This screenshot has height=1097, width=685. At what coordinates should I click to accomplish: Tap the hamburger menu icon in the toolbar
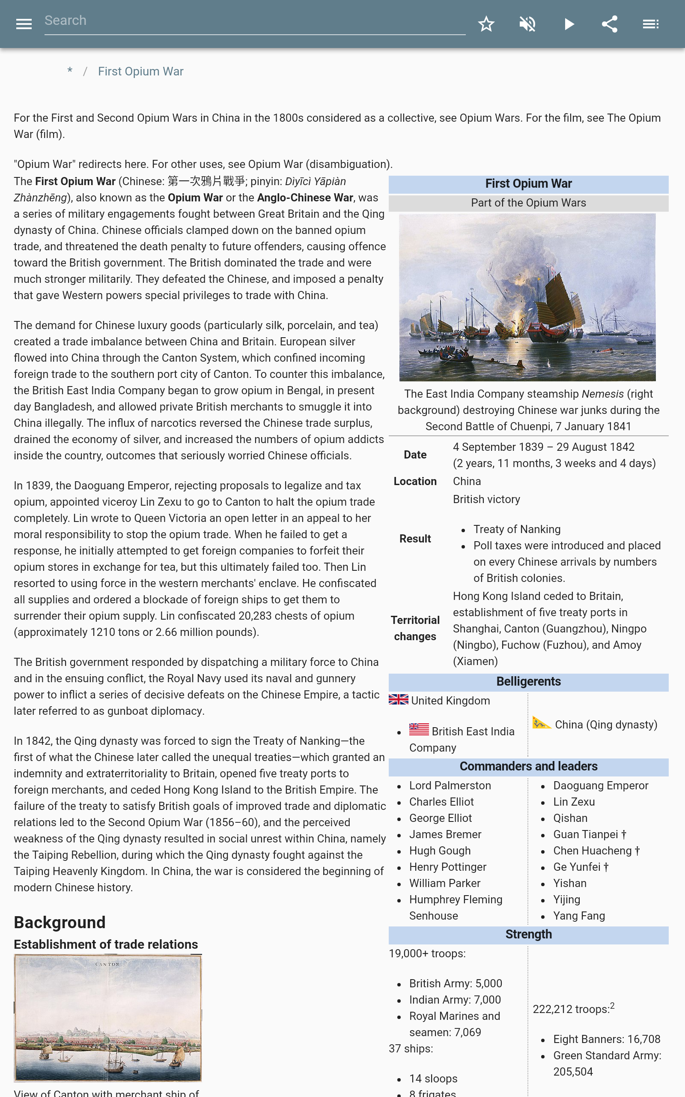coord(24,24)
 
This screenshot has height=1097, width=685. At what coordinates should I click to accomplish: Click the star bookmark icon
coord(486,24)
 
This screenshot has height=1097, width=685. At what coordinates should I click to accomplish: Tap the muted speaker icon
coord(527,24)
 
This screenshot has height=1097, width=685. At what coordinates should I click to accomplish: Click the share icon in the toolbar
coord(609,24)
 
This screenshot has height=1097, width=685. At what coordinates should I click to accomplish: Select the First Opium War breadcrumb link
coord(140,72)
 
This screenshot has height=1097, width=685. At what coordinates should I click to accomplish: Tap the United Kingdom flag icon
coord(398,699)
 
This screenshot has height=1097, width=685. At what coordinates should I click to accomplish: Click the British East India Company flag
coord(419,729)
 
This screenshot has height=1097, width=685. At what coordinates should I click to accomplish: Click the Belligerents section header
coord(528,681)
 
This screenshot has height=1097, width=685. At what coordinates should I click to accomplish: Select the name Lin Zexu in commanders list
coord(574,801)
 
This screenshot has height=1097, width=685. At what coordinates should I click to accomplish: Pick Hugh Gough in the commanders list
coord(439,851)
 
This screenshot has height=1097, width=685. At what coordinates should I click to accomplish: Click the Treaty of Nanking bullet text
coord(516,529)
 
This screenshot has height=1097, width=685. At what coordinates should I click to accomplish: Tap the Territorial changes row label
coord(415,628)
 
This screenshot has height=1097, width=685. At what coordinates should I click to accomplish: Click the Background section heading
coord(60,922)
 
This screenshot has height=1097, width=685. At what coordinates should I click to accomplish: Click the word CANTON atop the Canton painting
coord(107,964)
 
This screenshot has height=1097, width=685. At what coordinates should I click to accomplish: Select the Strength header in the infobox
coord(528,934)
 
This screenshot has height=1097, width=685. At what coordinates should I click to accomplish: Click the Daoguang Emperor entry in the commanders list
coord(600,785)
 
